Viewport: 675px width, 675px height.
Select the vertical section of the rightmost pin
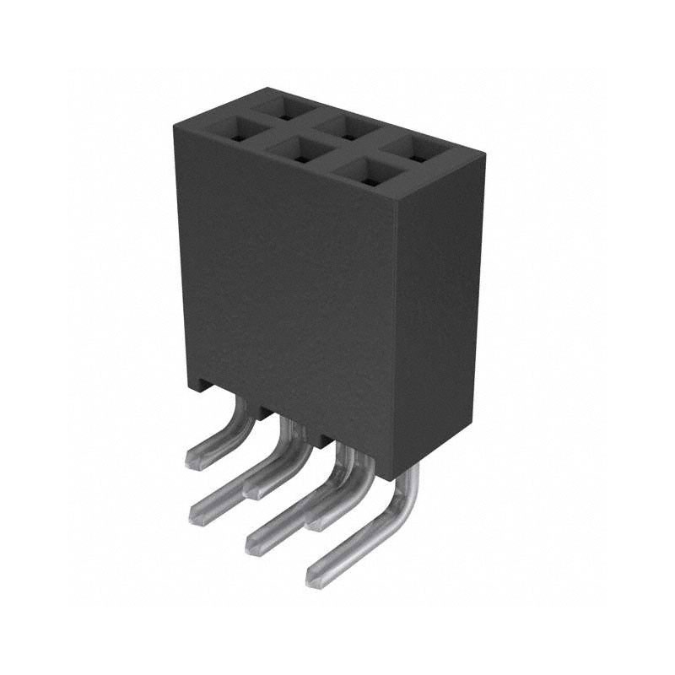[x=409, y=498]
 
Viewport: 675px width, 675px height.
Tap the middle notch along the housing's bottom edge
[x=263, y=413]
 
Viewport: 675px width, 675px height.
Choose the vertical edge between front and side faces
[x=393, y=337]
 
